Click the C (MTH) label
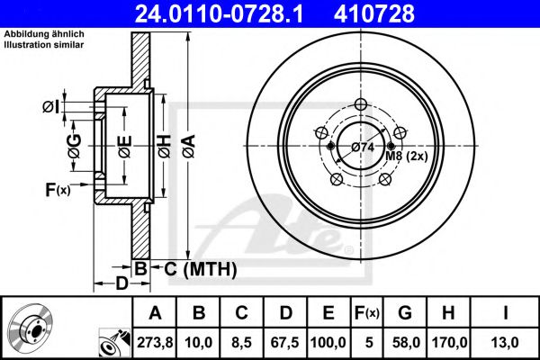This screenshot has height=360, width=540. tap(201, 268)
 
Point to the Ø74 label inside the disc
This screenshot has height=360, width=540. tap(362, 147)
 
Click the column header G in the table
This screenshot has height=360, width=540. tap(404, 312)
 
